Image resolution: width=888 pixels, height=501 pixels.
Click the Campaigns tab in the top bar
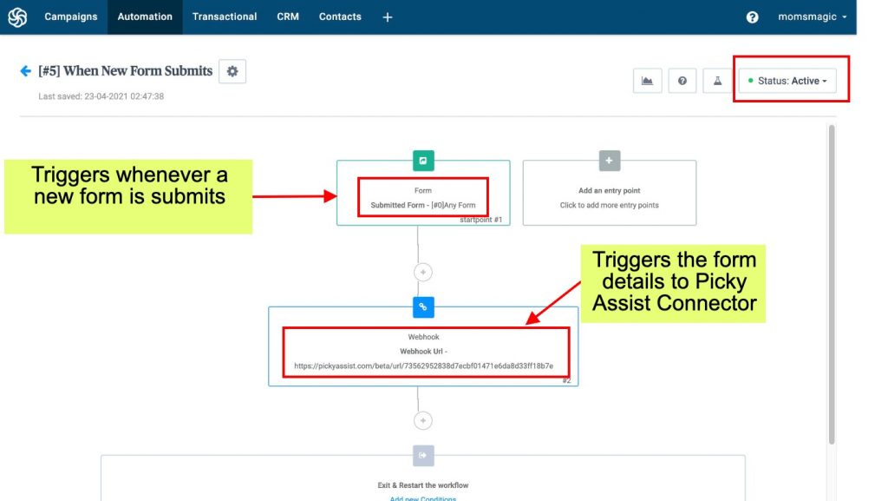pos(71,17)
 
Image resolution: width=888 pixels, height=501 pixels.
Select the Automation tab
pos(145,17)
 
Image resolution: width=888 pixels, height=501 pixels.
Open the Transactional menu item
pos(225,17)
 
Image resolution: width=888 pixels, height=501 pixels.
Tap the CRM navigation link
pos(288,17)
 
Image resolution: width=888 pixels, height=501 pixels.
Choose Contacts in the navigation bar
pos(340,17)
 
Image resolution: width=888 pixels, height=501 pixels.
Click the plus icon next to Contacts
pos(388,17)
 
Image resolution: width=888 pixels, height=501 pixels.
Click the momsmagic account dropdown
pos(812,17)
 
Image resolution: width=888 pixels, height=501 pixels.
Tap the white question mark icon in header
pos(752,17)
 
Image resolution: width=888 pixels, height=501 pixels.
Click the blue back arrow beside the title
pos(25,71)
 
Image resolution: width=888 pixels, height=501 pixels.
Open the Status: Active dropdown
pos(787,81)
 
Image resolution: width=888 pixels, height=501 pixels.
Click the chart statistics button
pos(647,81)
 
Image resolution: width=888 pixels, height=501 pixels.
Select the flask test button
pos(717,81)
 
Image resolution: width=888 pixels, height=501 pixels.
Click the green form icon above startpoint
pos(423,161)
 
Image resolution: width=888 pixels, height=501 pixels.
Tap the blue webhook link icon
pos(423,307)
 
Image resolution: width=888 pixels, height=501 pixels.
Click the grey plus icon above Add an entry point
pos(610,161)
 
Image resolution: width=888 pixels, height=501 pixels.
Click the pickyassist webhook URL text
pos(423,366)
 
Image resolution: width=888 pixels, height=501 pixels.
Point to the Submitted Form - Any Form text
pos(423,205)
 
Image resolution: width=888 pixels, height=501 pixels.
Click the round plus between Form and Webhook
pos(423,272)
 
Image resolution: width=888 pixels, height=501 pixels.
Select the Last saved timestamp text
pos(101,96)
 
